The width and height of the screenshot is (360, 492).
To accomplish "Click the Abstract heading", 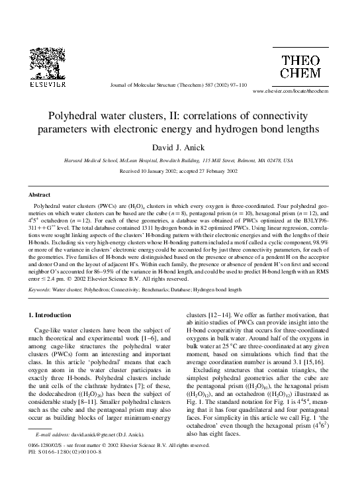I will point(38,195).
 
